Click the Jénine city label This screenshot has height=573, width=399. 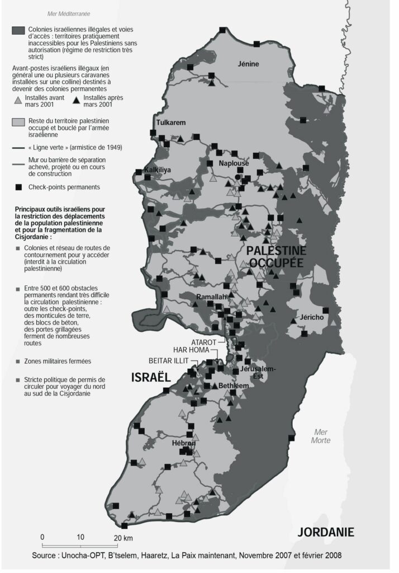pyautogui.click(x=248, y=64)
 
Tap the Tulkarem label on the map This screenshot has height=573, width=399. pyautogui.click(x=170, y=123)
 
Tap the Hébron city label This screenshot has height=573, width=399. pyautogui.click(x=184, y=443)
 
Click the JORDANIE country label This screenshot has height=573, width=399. pyautogui.click(x=326, y=532)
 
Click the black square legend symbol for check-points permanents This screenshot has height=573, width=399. pyautogui.click(x=18, y=186)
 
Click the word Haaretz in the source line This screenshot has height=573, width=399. pyautogui.click(x=167, y=556)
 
